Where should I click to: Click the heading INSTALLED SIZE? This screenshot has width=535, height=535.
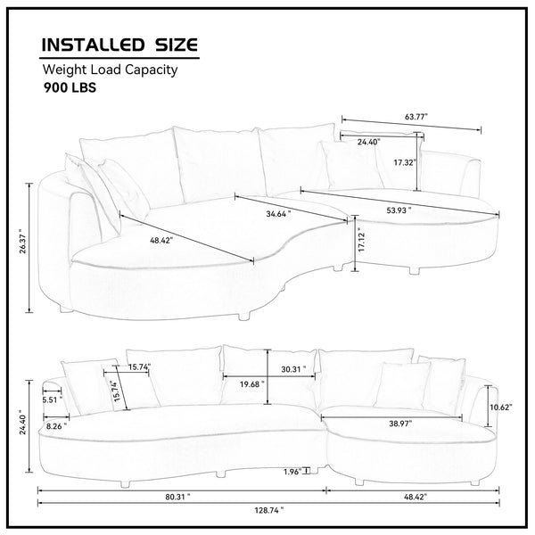tap(119, 45)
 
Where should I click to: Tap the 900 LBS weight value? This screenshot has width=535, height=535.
tap(70, 87)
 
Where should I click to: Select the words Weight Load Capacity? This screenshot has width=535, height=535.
tap(110, 70)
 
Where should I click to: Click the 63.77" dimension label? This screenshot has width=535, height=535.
tap(416, 117)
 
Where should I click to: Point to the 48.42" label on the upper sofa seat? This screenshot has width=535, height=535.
tap(161, 240)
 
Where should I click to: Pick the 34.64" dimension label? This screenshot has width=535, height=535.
tap(278, 214)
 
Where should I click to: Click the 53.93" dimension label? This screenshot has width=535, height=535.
tap(399, 210)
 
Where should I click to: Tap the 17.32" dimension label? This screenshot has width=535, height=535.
tap(405, 162)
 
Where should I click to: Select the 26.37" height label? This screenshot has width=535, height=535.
tap(23, 241)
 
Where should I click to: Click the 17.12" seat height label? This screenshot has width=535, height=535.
tap(362, 242)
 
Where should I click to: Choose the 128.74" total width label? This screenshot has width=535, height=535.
tap(269, 510)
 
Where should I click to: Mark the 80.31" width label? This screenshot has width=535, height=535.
tap(177, 497)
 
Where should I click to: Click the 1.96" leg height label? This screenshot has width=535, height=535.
tap(292, 472)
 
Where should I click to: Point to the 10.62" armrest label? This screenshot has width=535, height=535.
tap(501, 407)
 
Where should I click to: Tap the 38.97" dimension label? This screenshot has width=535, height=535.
tap(400, 424)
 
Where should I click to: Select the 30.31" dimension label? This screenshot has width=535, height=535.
tap(293, 369)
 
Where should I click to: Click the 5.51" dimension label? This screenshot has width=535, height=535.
tap(53, 399)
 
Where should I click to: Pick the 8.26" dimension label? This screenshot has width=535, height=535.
tap(57, 426)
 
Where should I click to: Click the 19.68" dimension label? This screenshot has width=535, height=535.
tap(251, 384)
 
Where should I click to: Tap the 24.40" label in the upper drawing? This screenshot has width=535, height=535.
tap(368, 142)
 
